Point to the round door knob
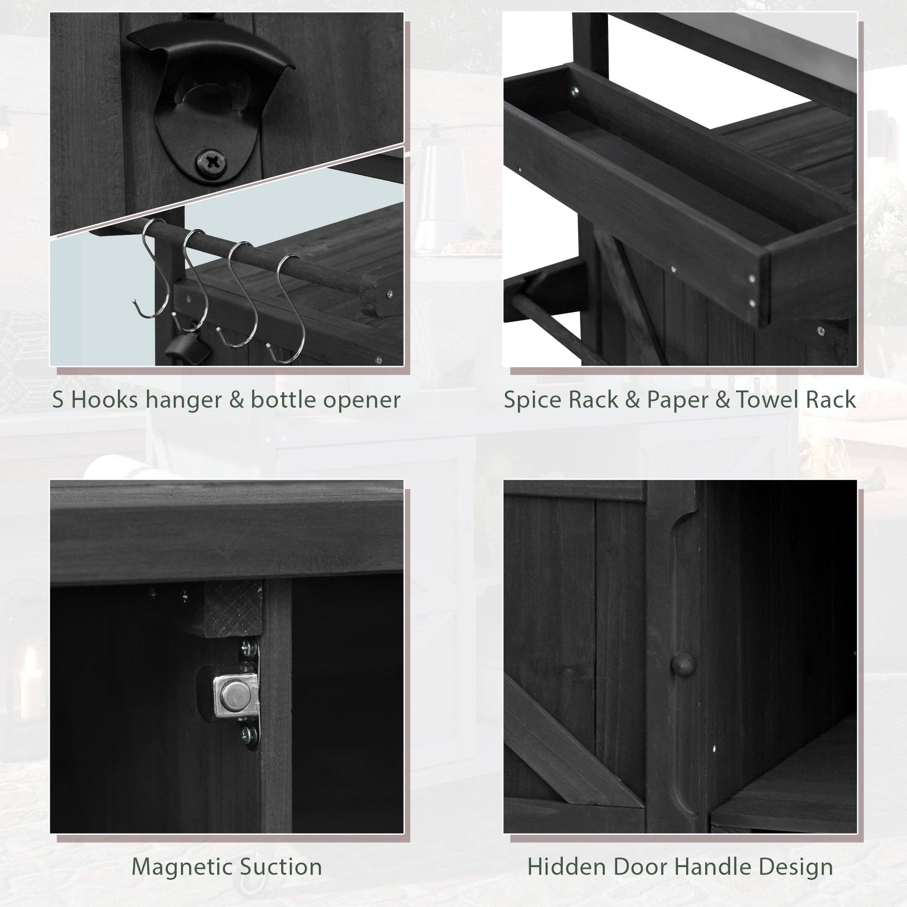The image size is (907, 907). (683, 663)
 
